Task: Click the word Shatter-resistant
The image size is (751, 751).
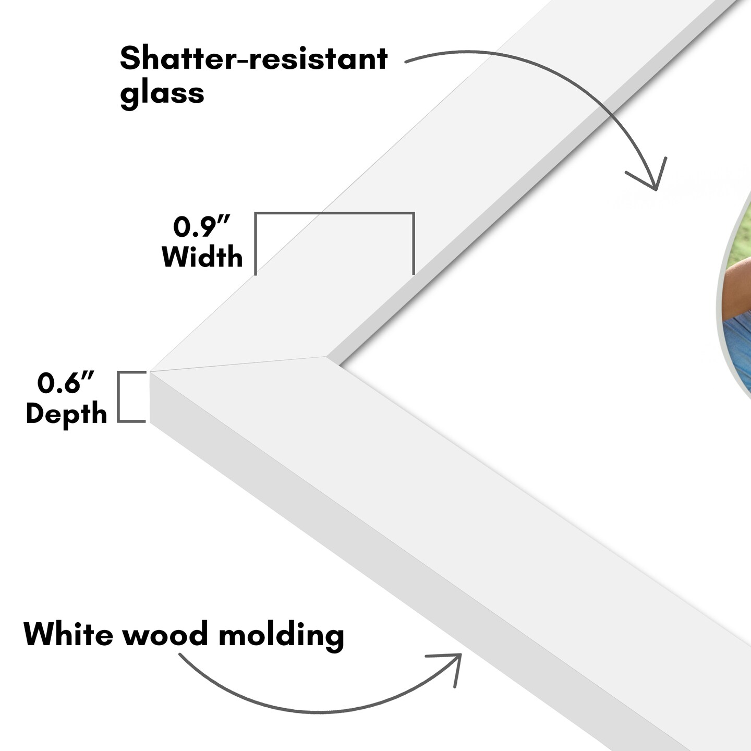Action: pyautogui.click(x=253, y=58)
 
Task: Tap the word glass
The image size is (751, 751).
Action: pyautogui.click(x=162, y=93)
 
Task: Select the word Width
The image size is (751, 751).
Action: pyautogui.click(x=202, y=257)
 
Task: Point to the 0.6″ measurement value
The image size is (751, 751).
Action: pyautogui.click(x=66, y=383)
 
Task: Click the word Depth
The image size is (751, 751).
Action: pyautogui.click(x=66, y=414)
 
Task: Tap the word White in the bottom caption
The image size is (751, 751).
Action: pyautogui.click(x=68, y=634)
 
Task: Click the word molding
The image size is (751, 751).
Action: pyautogui.click(x=281, y=635)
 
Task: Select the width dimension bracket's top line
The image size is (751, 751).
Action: pyautogui.click(x=334, y=213)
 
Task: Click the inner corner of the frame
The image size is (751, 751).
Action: pyautogui.click(x=327, y=357)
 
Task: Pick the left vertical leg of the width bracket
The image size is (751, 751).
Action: pyautogui.click(x=256, y=243)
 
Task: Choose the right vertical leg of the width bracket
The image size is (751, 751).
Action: pyautogui.click(x=413, y=243)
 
